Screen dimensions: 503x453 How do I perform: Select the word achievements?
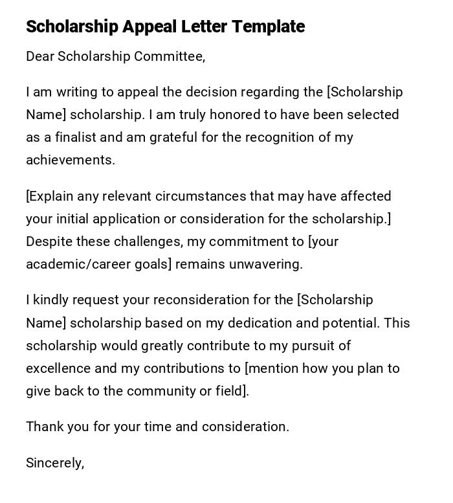(x=70, y=160)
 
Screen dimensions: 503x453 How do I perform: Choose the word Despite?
(x=49, y=241)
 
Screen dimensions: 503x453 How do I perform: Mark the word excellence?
(x=58, y=368)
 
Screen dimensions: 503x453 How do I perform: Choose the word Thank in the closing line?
(x=43, y=427)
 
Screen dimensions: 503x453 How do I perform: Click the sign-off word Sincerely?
(x=54, y=463)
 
